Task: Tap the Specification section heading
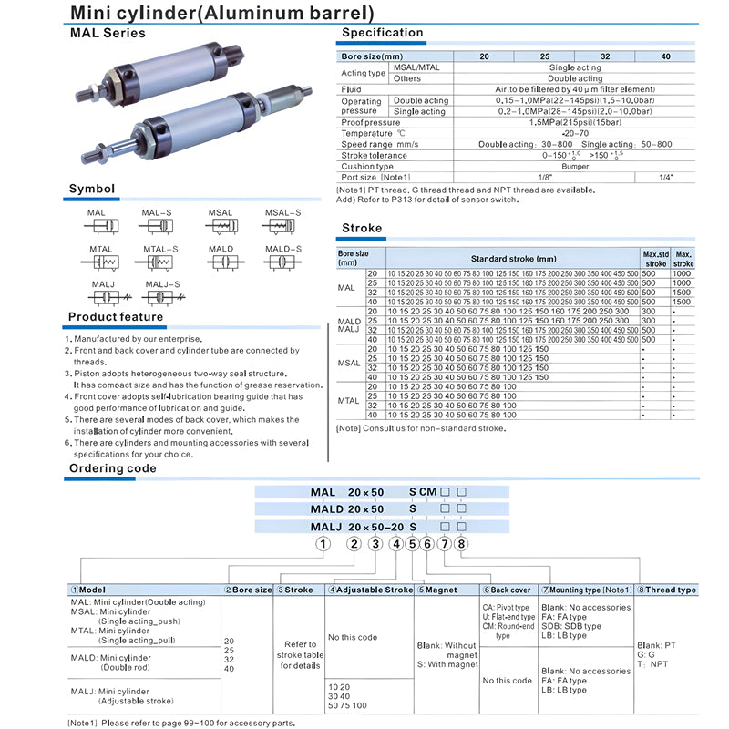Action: [x=382, y=33]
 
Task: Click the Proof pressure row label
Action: [x=370, y=122]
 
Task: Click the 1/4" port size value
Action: [x=665, y=177]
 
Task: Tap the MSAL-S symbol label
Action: [x=282, y=212]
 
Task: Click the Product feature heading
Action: [x=116, y=317]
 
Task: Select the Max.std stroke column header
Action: [x=655, y=258]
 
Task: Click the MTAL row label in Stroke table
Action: [x=349, y=400]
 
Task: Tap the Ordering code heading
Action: [x=112, y=468]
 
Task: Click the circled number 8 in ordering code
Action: [x=461, y=544]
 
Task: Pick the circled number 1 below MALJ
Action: [x=322, y=544]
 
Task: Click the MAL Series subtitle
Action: [x=108, y=33]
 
